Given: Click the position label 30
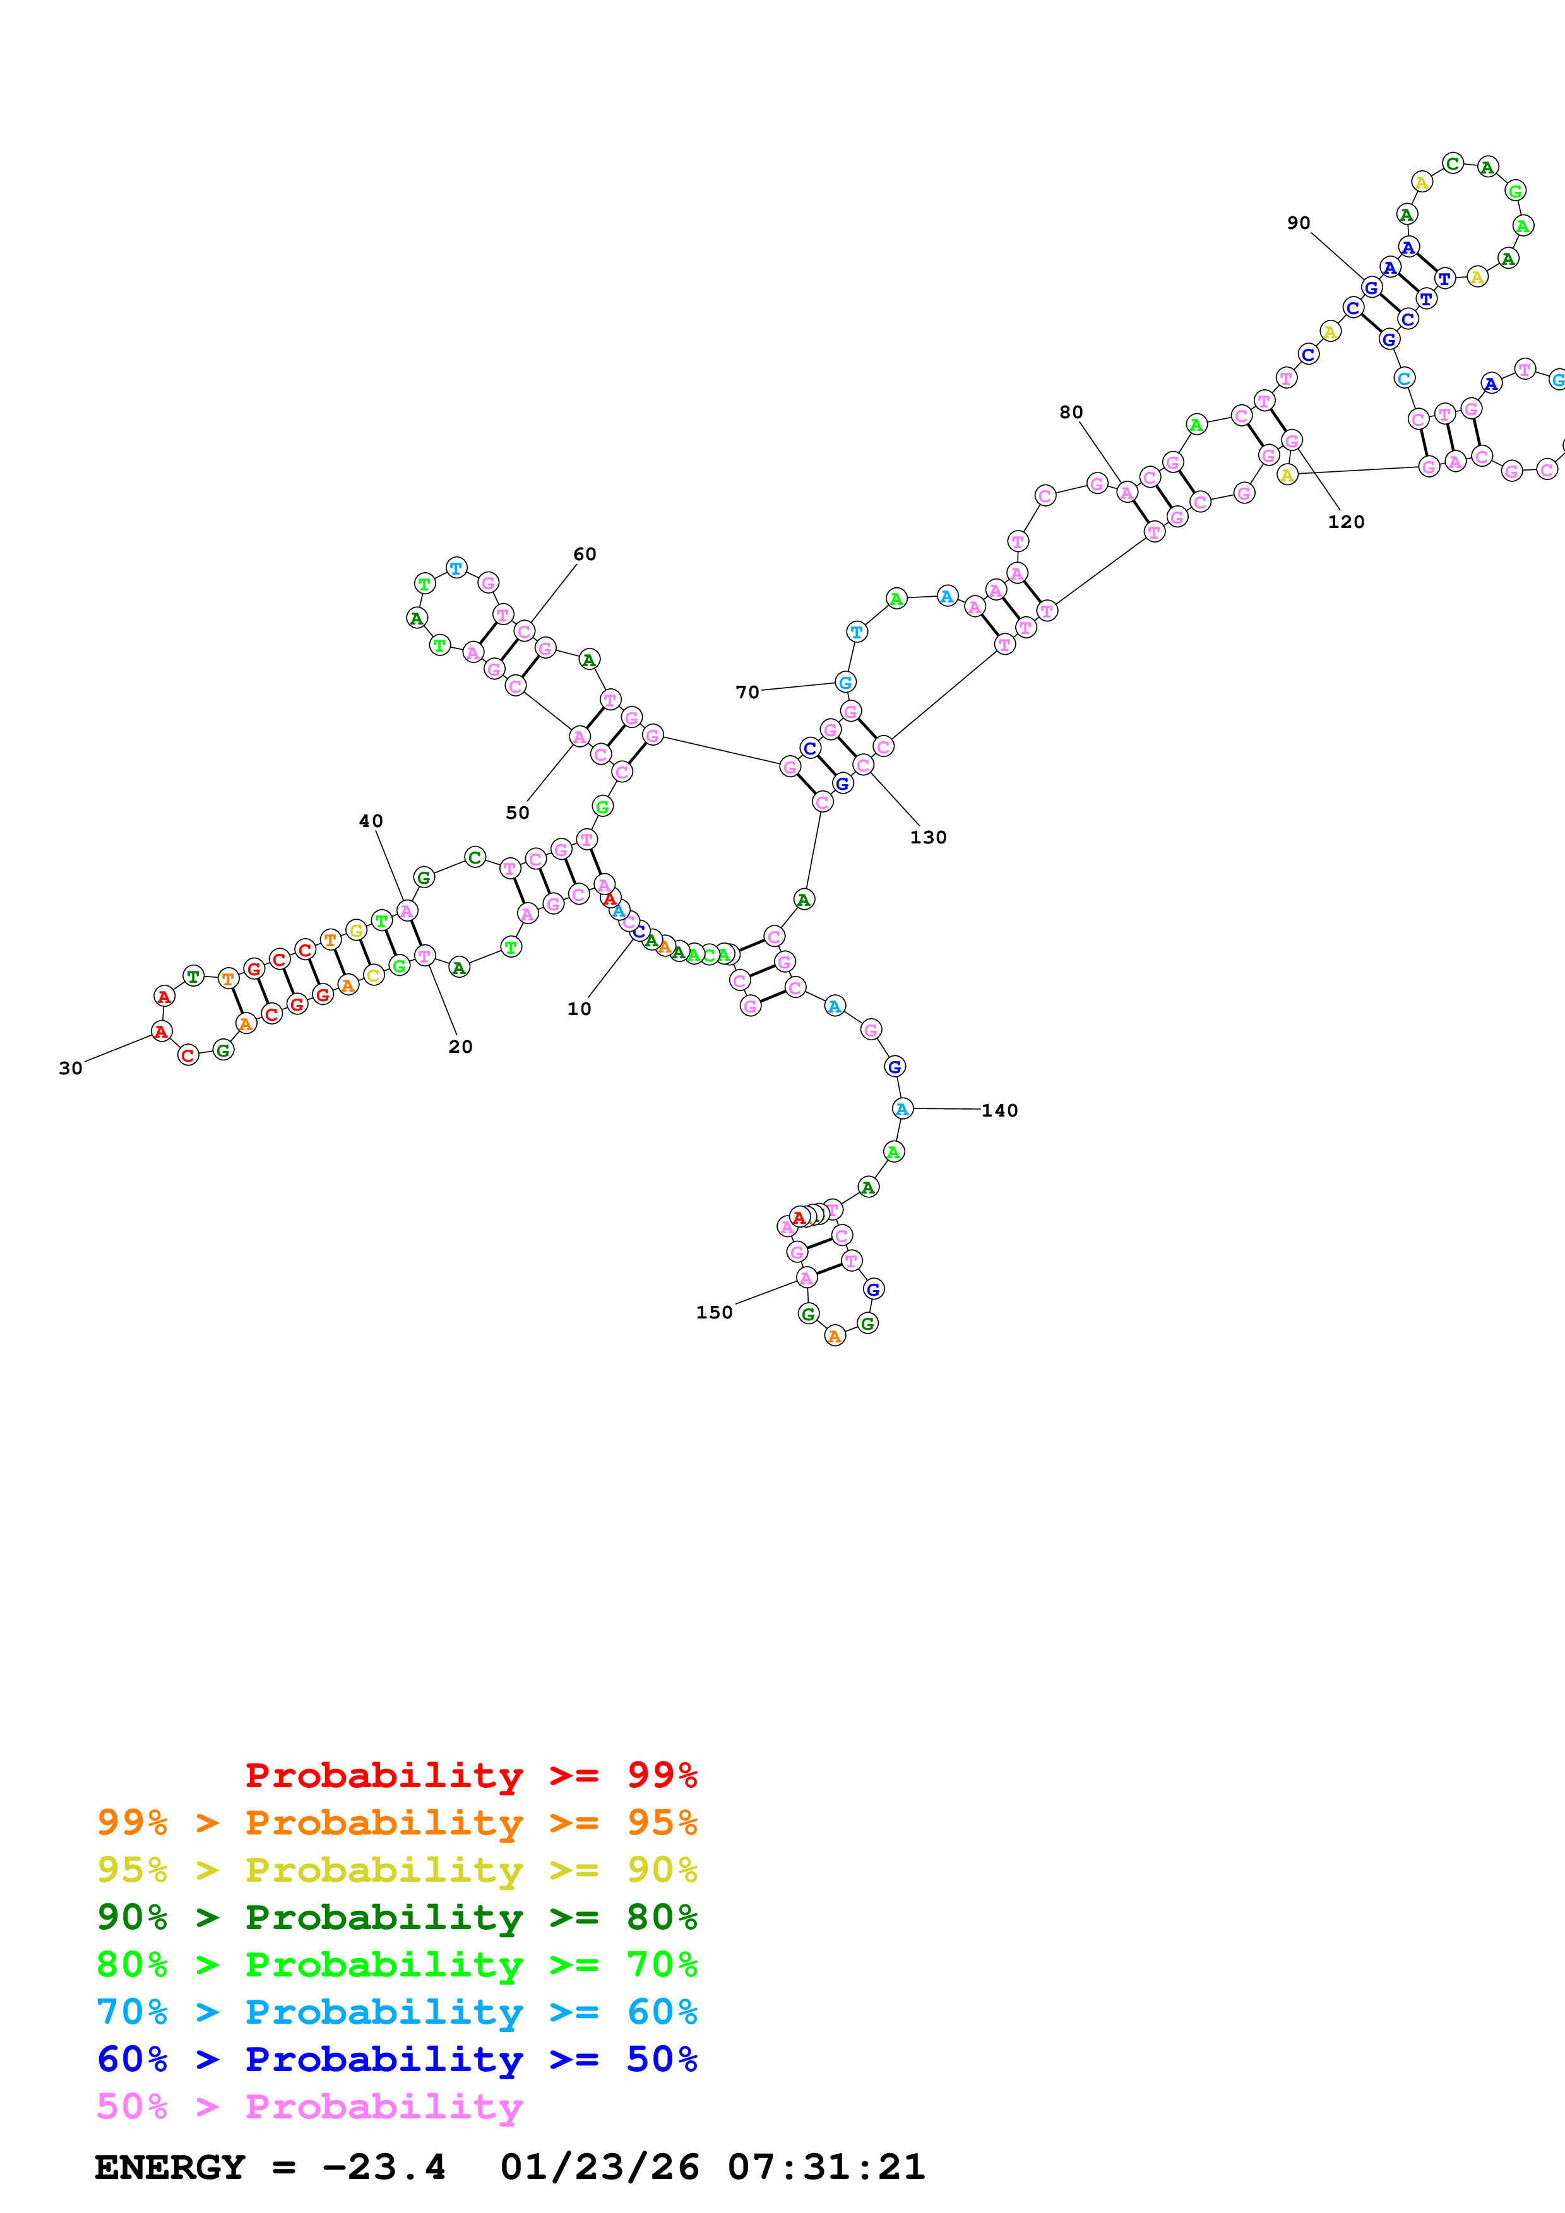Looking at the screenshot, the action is pyautogui.click(x=71, y=1068).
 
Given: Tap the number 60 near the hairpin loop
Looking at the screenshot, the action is pyautogui.click(x=585, y=555).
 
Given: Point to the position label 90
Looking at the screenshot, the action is pyautogui.click(x=1298, y=223).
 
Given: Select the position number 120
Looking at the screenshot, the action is pyautogui.click(x=1345, y=522).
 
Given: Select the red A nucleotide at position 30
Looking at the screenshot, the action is pyautogui.click(x=161, y=1031).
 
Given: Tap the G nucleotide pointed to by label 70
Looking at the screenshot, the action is pyautogui.click(x=846, y=683).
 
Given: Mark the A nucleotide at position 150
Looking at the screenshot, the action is pyautogui.click(x=806, y=1278).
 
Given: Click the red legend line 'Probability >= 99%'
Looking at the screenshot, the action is pyautogui.click(x=470, y=1775).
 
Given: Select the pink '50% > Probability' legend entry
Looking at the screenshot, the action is pyautogui.click(x=309, y=2106).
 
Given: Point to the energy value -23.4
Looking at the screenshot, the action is pyautogui.click(x=384, y=2167).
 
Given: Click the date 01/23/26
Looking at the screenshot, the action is pyautogui.click(x=599, y=2167).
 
